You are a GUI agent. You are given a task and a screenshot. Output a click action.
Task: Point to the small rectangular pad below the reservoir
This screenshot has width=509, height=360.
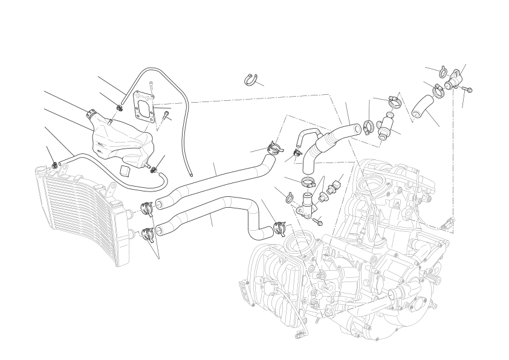pos(125,169)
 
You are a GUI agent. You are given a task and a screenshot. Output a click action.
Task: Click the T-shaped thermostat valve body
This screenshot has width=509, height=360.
pos(384,127)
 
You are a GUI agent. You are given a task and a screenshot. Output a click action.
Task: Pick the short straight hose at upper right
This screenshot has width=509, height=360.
pos(423,104)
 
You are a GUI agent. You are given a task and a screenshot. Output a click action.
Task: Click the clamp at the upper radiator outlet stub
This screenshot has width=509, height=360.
pos(146,207)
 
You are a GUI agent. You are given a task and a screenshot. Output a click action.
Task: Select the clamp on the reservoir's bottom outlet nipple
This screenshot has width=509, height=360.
pos(158,169)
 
